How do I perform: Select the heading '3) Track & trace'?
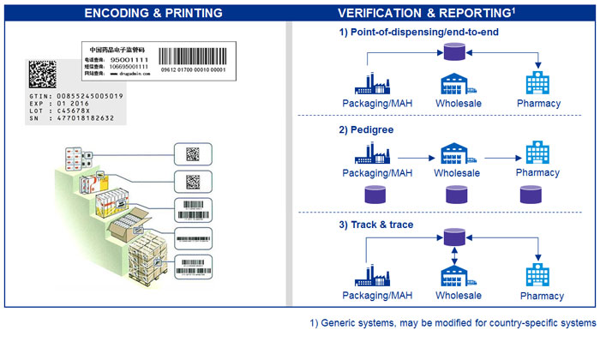tap(375, 224)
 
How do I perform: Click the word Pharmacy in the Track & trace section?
tap(541, 296)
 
